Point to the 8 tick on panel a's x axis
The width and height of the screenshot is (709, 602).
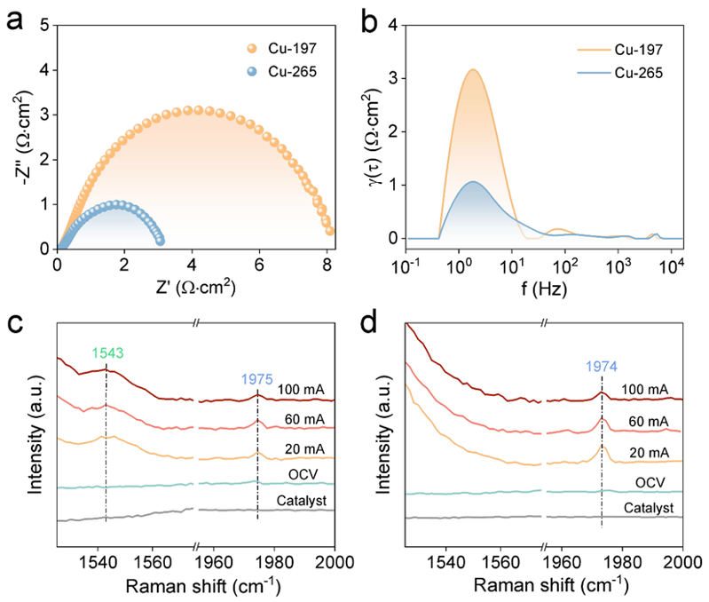click(327, 263)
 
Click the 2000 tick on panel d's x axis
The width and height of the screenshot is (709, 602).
click(681, 560)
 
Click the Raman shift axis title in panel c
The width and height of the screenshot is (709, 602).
click(196, 585)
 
